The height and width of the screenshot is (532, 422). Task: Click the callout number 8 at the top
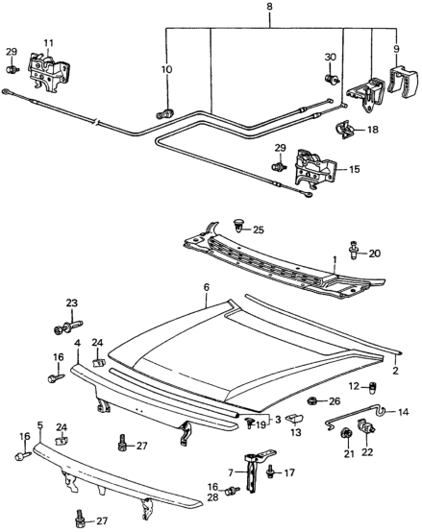tap(269, 7)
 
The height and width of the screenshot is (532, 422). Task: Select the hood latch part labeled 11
tap(48, 70)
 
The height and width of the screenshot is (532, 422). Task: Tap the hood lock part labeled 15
tap(314, 168)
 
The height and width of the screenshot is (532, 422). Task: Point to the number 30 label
tap(331, 57)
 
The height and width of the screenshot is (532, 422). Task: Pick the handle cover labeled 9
tap(403, 80)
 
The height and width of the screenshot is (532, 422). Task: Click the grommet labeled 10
tap(165, 113)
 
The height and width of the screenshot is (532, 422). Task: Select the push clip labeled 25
tap(239, 226)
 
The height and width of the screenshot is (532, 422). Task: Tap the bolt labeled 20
tap(354, 251)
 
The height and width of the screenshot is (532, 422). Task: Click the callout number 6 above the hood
tap(207, 287)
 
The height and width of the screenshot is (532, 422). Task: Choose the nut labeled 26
tap(311, 401)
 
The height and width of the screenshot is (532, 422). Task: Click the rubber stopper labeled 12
tap(373, 387)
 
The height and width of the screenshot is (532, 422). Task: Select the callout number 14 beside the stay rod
tap(404, 412)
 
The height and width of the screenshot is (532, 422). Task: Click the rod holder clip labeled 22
tap(366, 426)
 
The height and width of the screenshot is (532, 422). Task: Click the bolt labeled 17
tap(271, 472)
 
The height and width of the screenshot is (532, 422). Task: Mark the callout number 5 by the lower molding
tap(40, 424)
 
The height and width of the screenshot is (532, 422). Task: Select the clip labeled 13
tap(294, 419)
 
